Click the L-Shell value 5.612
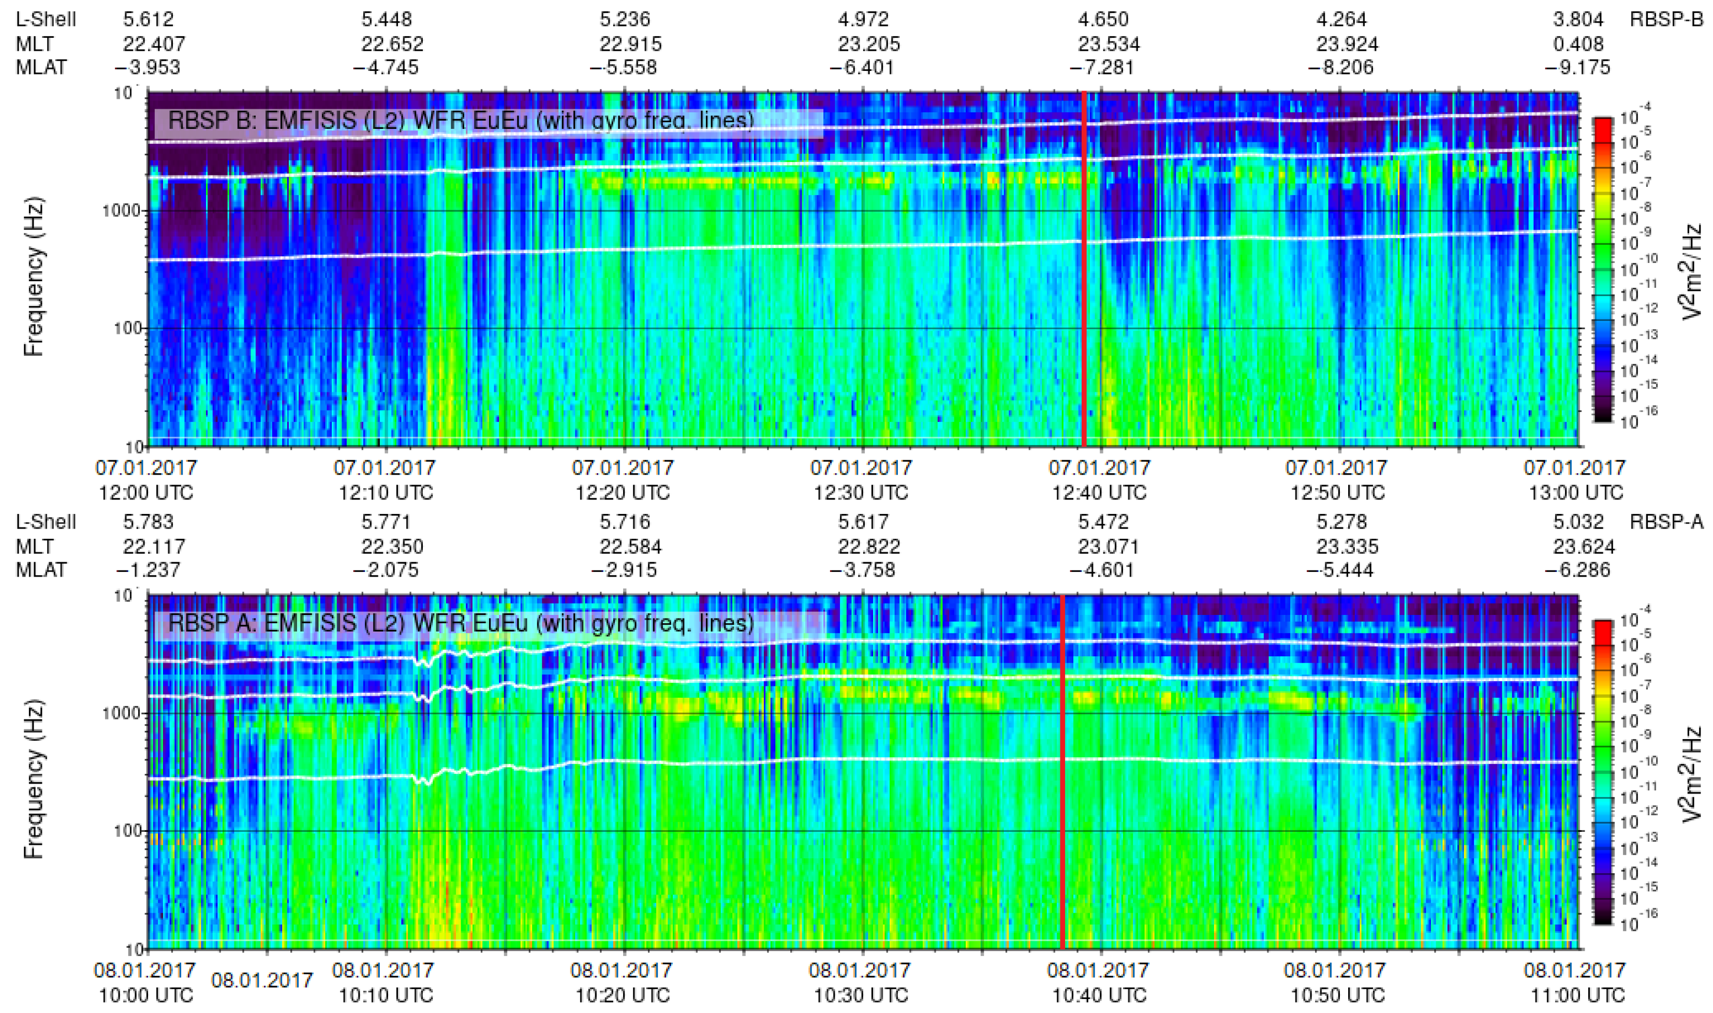pyautogui.click(x=148, y=20)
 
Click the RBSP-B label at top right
pyautogui.click(x=1666, y=20)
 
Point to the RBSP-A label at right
pyautogui.click(x=1666, y=522)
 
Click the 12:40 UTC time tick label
pyautogui.click(x=1099, y=492)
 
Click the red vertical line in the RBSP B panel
pyautogui.click(x=1084, y=273)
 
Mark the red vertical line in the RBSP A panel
pyautogui.click(x=1062, y=771)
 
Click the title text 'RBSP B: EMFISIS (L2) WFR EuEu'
pyautogui.click(x=461, y=121)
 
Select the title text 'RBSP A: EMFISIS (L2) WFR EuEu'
pyautogui.click(x=461, y=623)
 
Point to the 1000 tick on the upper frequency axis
pyautogui.click(x=123, y=211)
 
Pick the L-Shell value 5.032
pyautogui.click(x=1577, y=522)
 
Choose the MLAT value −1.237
pyautogui.click(x=148, y=570)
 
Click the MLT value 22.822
pyautogui.click(x=869, y=547)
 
